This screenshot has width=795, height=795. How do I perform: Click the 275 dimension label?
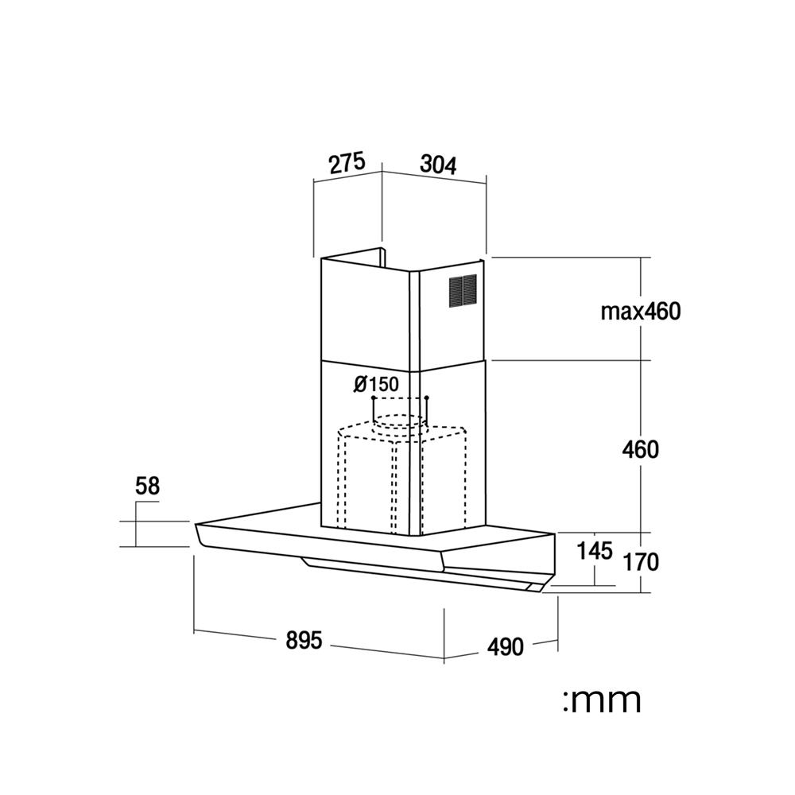[347, 163]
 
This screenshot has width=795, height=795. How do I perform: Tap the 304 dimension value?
[439, 165]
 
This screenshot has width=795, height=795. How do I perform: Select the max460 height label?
[640, 312]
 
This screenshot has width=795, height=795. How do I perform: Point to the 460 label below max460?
[640, 450]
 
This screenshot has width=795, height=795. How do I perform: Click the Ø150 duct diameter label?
[376, 384]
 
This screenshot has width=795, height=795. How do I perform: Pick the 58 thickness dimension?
[148, 486]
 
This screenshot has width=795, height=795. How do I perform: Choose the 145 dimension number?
[595, 551]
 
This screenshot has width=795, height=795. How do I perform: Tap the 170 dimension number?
[641, 562]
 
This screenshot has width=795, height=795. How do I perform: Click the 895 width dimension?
[304, 640]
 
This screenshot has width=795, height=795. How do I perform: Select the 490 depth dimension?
[505, 647]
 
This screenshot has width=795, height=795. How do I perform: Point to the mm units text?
[603, 700]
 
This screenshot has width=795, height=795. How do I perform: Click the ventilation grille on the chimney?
[463, 290]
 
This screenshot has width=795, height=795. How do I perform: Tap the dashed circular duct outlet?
[398, 422]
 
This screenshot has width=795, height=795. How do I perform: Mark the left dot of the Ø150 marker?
[373, 397]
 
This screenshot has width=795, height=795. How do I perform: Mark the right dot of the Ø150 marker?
[427, 397]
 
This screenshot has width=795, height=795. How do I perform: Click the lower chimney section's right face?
[453, 446]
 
